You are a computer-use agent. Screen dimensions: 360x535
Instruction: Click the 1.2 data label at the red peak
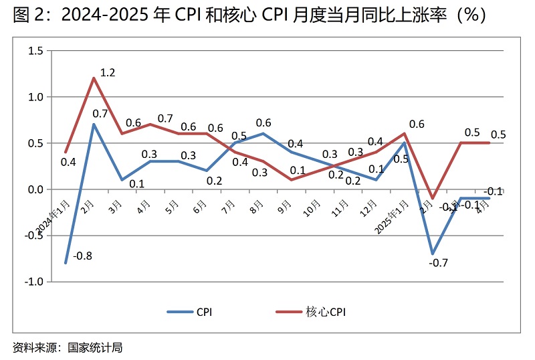pyautogui.click(x=107, y=73)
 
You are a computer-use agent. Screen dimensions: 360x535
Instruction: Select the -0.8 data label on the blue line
pyautogui.click(x=82, y=254)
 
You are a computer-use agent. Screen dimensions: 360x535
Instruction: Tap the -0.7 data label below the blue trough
pyautogui.click(x=438, y=263)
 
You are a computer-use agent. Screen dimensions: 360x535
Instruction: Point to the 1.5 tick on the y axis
pyautogui.click(x=35, y=51)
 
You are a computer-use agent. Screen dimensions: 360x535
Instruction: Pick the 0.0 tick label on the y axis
pyautogui.click(x=35, y=190)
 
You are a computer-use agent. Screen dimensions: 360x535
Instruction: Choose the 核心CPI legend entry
pyautogui.click(x=326, y=311)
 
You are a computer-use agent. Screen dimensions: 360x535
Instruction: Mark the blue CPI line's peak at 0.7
pyautogui.click(x=94, y=124)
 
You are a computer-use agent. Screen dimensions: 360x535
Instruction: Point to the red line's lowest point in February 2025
pyautogui.click(x=433, y=199)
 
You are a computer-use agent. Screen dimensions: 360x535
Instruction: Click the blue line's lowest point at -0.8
pyautogui.click(x=66, y=263)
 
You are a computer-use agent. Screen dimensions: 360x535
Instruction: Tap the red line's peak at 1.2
pyautogui.click(x=94, y=78)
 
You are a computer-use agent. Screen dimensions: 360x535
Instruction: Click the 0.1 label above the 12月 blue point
pyautogui.click(x=376, y=169)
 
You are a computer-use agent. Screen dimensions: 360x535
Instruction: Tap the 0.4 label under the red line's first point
pyautogui.click(x=68, y=162)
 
